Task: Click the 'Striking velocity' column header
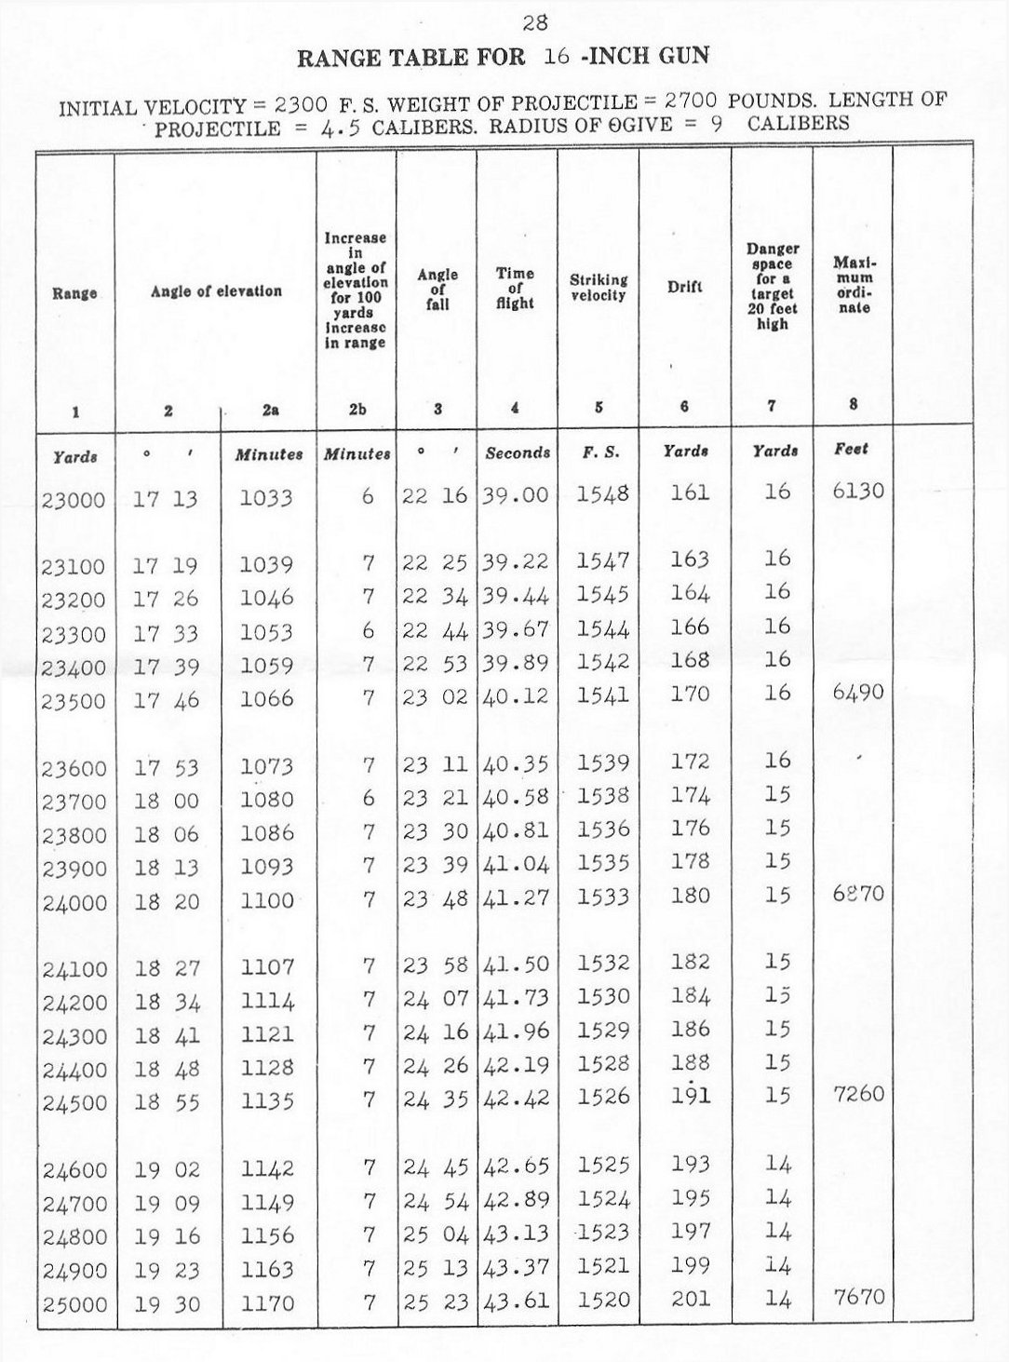[x=599, y=287]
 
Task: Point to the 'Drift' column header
[x=684, y=287]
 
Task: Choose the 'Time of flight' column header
[x=515, y=288]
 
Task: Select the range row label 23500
[x=74, y=702]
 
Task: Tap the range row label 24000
[x=74, y=903]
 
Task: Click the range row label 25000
[x=74, y=1305]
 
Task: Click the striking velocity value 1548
[x=602, y=493]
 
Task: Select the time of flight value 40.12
[x=517, y=695]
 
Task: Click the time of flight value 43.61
[x=517, y=1301]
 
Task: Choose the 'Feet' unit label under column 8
[x=851, y=449]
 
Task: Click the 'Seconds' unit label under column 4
[x=518, y=453]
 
